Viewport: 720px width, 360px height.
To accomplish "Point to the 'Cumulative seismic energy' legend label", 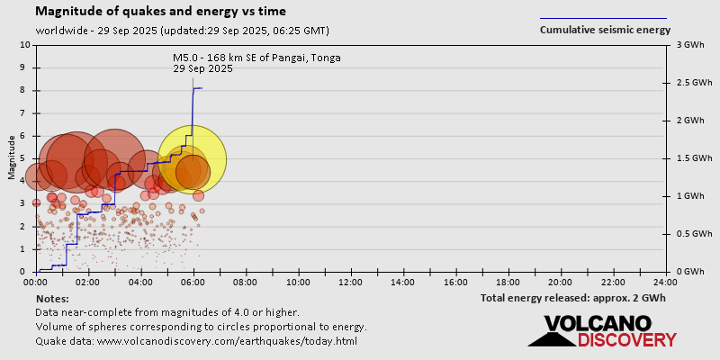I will [605, 30].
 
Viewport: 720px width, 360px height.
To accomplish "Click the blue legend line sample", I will [603, 18].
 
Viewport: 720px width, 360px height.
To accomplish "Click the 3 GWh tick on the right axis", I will [688, 45].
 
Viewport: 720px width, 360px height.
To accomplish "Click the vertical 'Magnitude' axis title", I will [12, 158].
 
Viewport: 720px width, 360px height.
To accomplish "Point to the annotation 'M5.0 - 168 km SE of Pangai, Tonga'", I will [256, 58].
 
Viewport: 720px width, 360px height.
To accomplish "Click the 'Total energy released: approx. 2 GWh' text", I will [572, 298].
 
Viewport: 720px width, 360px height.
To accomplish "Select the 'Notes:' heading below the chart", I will [52, 298].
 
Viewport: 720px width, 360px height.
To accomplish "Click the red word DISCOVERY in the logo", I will [626, 339].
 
